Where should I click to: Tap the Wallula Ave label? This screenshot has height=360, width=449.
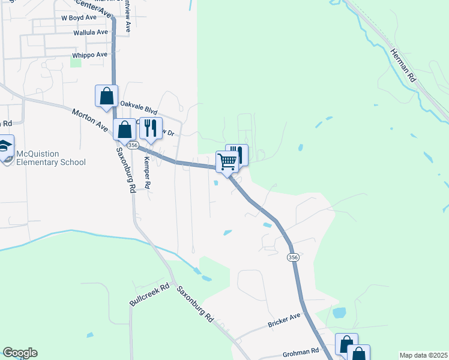[90, 32]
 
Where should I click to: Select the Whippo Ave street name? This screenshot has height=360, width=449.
[89, 55]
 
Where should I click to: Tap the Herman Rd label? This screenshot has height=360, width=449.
[403, 65]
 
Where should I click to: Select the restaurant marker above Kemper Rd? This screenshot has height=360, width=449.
[151, 128]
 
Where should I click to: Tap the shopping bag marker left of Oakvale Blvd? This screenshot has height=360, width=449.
[106, 96]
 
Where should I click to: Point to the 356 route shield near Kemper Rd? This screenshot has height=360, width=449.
[133, 145]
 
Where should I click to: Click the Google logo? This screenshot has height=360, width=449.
[20, 353]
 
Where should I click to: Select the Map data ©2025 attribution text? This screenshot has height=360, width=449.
[424, 355]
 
